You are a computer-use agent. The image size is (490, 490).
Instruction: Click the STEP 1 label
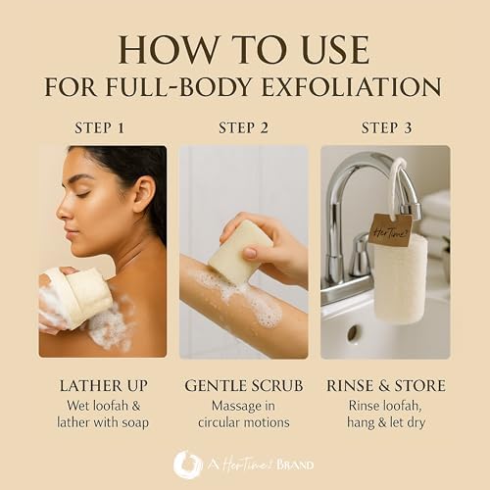pos(100,127)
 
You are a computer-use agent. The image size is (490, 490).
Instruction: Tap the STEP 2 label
pos(243,127)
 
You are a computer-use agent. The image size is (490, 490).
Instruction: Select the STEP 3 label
pos(386,127)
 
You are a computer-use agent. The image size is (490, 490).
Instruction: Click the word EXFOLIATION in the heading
pos(352,86)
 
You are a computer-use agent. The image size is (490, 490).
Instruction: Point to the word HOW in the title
pos(168,50)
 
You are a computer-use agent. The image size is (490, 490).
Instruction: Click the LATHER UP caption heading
pos(104,386)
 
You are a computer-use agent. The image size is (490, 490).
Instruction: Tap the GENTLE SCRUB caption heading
pos(244,386)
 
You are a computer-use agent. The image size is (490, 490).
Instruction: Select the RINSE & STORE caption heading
pos(386,386)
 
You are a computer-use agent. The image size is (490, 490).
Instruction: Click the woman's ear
pos(144,194)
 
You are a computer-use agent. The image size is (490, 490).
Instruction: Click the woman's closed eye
pos(82,194)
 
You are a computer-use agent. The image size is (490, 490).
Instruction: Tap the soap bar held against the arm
pos(240,252)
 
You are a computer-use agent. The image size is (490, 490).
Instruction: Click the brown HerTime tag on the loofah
pos(391,230)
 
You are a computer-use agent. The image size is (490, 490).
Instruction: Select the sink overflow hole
pos(352,333)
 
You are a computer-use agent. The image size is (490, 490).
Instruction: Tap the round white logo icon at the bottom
pos(187,465)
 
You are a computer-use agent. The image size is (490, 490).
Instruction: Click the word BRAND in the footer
pos(295,465)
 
